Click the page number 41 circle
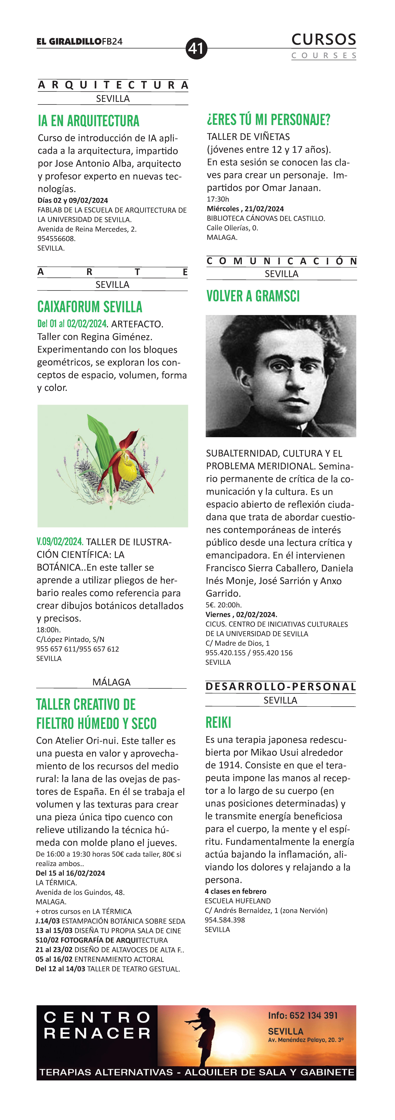pos(196,48)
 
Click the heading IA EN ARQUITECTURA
pos(89,121)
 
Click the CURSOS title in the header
pos(324,40)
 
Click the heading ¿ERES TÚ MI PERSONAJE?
pos(269,120)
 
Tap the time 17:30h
pos(218,199)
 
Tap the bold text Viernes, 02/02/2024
pos(241,614)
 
